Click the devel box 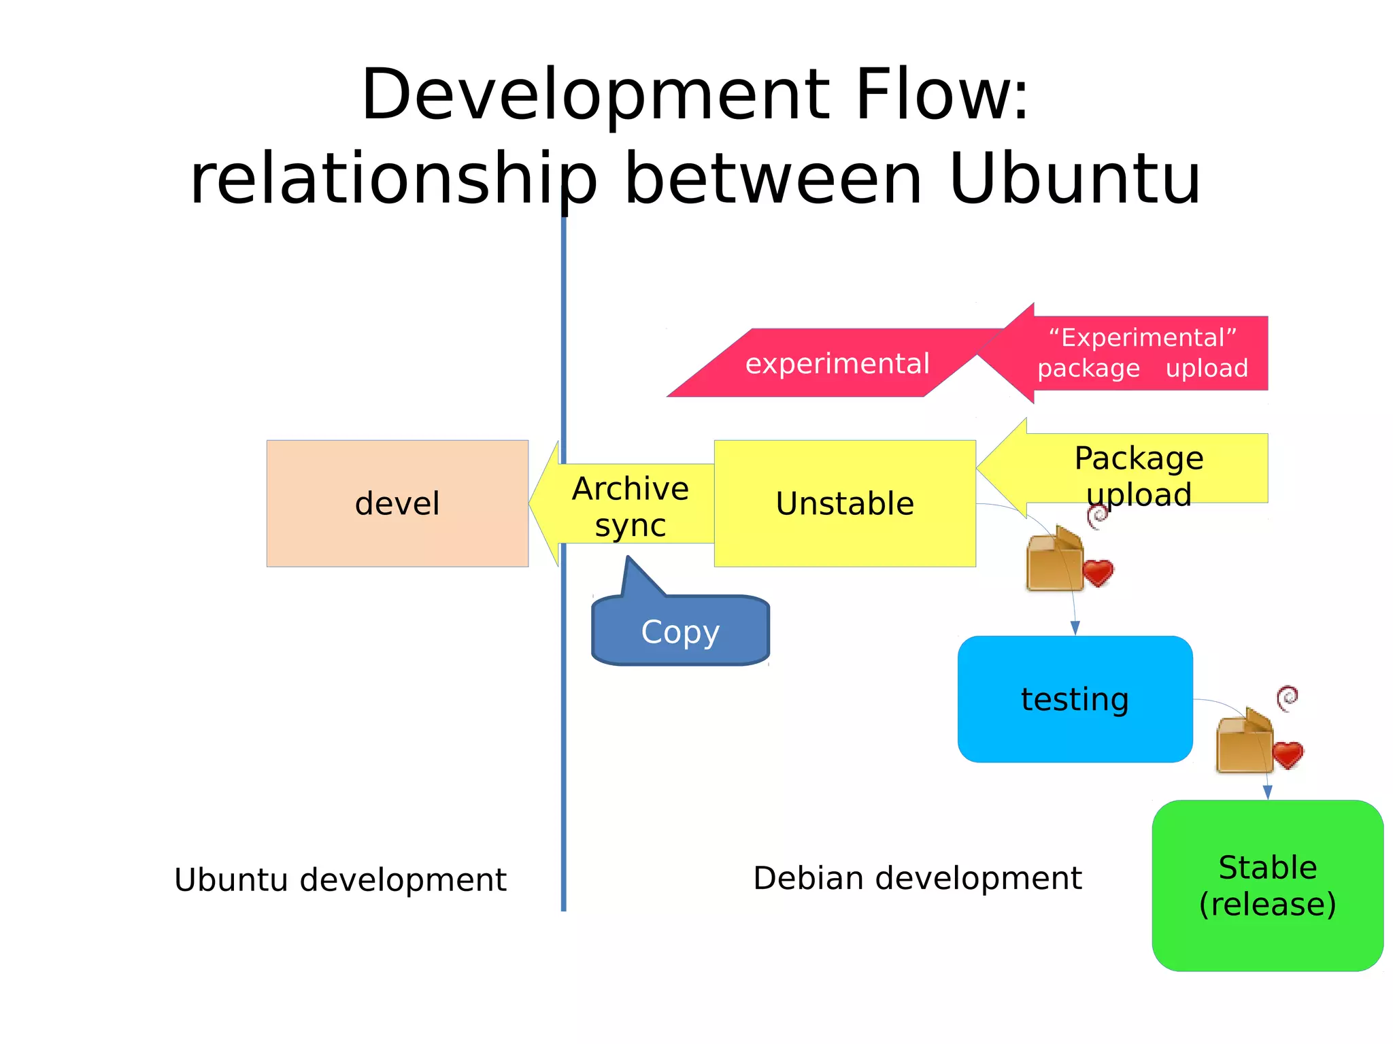pyautogui.click(x=397, y=503)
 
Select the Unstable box pyautogui.click(x=845, y=503)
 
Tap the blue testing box pyautogui.click(x=1075, y=699)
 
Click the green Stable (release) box pyautogui.click(x=1267, y=886)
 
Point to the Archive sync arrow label pyautogui.click(x=630, y=507)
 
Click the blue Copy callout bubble pyautogui.click(x=680, y=631)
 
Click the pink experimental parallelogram pyautogui.click(x=837, y=363)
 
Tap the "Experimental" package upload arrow pyautogui.click(x=1143, y=353)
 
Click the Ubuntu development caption pyautogui.click(x=340, y=879)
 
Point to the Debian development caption pyautogui.click(x=917, y=878)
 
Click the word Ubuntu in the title pyautogui.click(x=1074, y=179)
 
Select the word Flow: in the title pyautogui.click(x=941, y=95)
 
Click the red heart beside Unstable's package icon pyautogui.click(x=1098, y=572)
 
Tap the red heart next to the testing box pyautogui.click(x=1288, y=754)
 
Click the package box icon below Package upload pyautogui.click(x=1054, y=559)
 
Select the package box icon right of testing pyautogui.click(x=1244, y=742)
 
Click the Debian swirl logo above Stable pyautogui.click(x=1287, y=698)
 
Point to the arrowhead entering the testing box pyautogui.click(x=1075, y=628)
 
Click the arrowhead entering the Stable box pyautogui.click(x=1267, y=792)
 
